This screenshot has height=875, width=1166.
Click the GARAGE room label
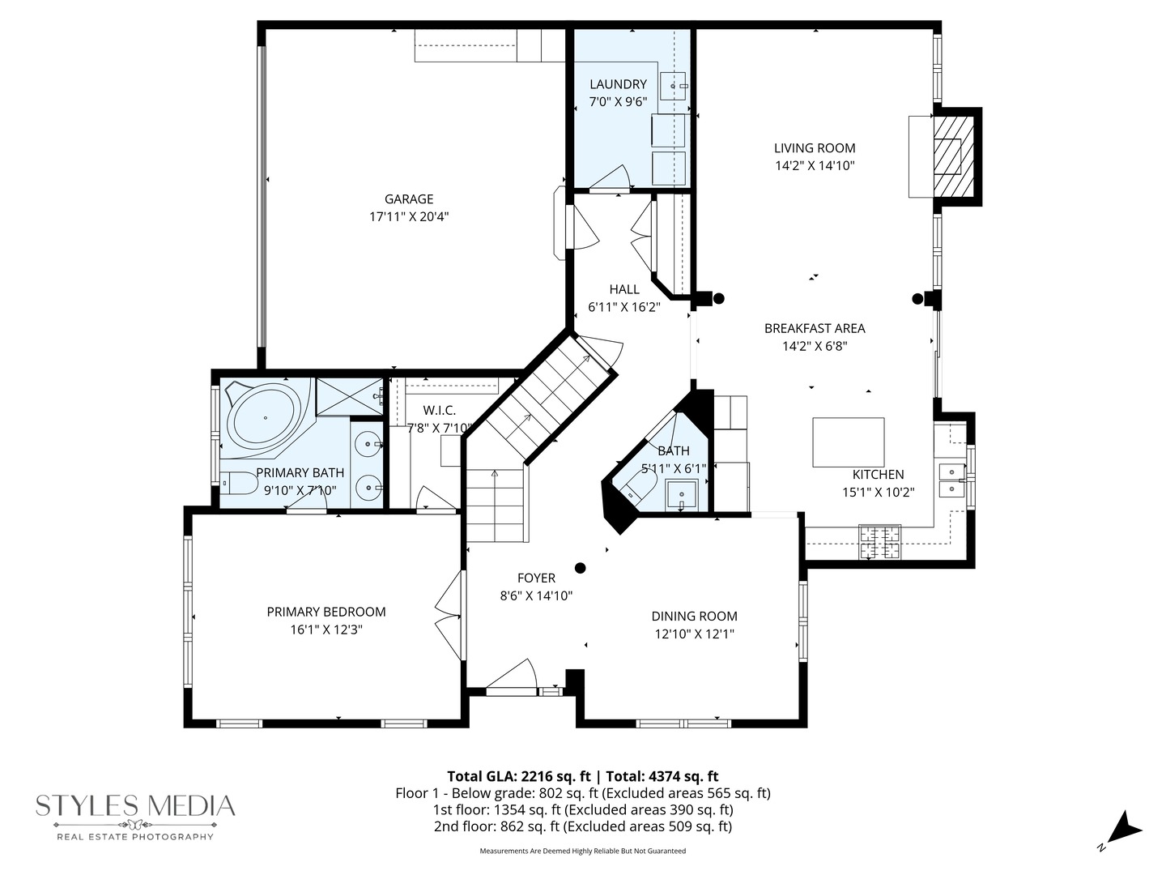408,198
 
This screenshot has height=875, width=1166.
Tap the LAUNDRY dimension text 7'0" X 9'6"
618,101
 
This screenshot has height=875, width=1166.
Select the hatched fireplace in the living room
954,156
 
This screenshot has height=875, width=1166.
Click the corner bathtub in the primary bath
265,418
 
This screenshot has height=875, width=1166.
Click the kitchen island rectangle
849,442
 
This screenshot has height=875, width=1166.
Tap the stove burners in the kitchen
880,542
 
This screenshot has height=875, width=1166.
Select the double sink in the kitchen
951,480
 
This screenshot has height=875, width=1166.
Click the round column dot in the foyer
580,568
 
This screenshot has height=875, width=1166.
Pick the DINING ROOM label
694,616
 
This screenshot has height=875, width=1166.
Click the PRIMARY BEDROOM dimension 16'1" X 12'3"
326,630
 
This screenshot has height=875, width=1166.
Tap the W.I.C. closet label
440,410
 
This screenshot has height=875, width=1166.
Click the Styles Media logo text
135,806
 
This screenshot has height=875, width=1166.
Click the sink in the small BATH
682,494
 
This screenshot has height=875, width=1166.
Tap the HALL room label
624,289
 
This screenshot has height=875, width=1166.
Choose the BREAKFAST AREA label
815,328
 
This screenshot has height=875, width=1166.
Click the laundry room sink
673,86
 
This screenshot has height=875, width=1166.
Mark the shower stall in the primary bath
349,397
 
